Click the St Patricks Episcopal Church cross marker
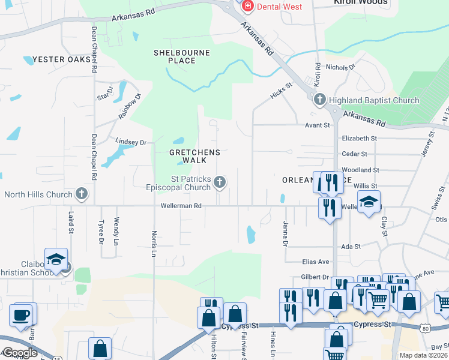(221, 182)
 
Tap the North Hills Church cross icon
(82, 194)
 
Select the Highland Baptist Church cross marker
(320, 100)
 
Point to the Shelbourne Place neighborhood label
(182, 56)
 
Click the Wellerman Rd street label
(181, 206)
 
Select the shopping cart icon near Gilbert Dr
(378, 298)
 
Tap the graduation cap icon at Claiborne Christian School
(56, 259)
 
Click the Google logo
(19, 353)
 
